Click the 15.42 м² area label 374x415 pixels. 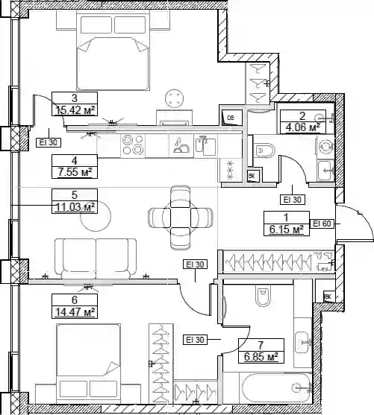pyautogui.click(x=75, y=110)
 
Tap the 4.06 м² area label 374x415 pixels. pyautogui.click(x=302, y=127)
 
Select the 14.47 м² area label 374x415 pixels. pyautogui.click(x=75, y=312)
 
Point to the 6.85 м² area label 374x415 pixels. pyautogui.click(x=261, y=356)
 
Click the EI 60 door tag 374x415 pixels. pyautogui.click(x=322, y=224)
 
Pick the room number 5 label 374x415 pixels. pyautogui.click(x=75, y=194)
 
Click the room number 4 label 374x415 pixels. pyautogui.click(x=75, y=161)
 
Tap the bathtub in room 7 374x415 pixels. pyautogui.click(x=275, y=388)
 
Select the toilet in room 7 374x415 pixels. pyautogui.click(x=263, y=294)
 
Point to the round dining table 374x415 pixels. pyautogui.click(x=181, y=218)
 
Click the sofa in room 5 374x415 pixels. pyautogui.click(x=96, y=259)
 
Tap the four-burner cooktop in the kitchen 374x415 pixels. pyautogui.click(x=133, y=145)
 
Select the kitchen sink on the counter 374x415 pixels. pyautogui.click(x=205, y=145)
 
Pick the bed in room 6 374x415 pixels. pyautogui.click(x=88, y=363)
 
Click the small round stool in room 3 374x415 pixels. pyautogui.click(x=174, y=98)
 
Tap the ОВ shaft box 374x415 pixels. pyautogui.click(x=231, y=117)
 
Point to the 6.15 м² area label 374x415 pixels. pyautogui.click(x=287, y=229)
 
